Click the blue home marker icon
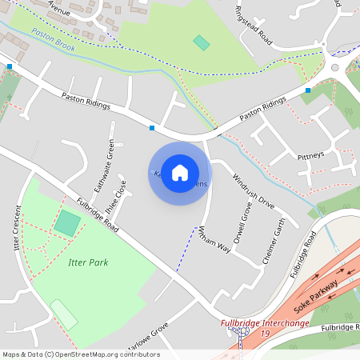coord(180,173)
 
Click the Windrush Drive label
coord(253,191)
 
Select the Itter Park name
coord(88,262)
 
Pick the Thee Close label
coord(122,193)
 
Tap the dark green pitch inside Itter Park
coord(67,223)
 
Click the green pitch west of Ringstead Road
coord(201,42)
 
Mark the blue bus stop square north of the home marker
coord(152,127)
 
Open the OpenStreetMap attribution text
coord(81,354)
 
